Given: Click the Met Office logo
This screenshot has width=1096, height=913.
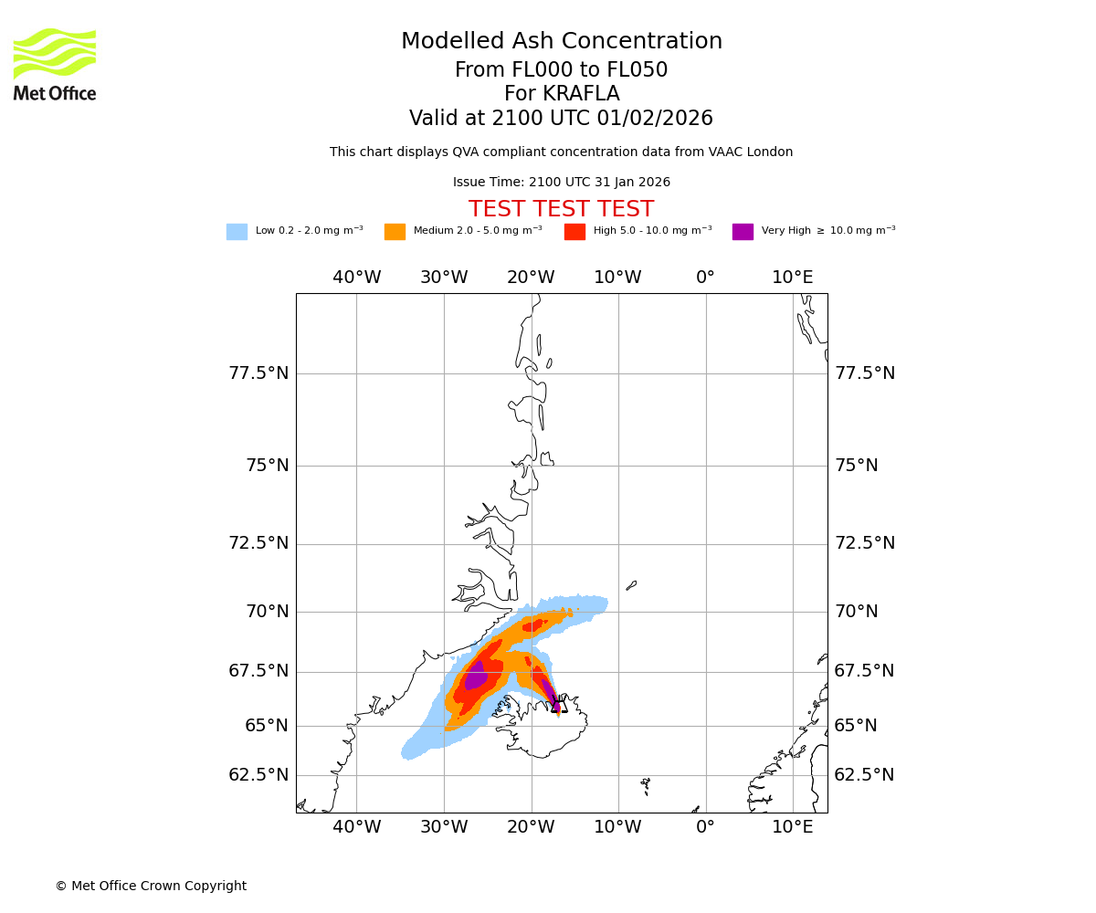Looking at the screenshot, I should pos(55,64).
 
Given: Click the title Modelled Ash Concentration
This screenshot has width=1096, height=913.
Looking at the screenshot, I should pos(562,42).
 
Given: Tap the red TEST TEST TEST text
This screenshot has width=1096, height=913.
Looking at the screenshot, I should pos(562,210).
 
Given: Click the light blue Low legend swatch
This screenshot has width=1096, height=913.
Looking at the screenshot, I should pos(237,232).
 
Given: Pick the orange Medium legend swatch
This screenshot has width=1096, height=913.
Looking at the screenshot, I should pos(395,232).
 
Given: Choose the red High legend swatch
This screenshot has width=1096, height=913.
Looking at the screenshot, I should pos(574,232).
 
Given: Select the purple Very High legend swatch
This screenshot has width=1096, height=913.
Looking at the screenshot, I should pos(743,232).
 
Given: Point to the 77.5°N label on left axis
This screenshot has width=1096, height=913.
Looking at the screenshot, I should pos(258,373).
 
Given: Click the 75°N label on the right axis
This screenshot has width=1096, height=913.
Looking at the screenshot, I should pos(856,466).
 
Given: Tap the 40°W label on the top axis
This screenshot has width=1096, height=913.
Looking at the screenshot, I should pos(356,278).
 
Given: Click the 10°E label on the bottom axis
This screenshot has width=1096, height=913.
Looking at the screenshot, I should pos(793,827).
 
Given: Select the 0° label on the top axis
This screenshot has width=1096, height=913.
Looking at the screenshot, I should pos(705,278).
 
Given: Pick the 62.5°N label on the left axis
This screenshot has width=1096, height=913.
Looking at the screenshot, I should pos(258,775).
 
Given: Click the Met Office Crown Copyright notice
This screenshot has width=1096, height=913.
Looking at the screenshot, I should pos(151,887).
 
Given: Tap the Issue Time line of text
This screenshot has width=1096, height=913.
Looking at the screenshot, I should pos(562,183).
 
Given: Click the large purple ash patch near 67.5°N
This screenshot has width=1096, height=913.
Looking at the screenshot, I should pos(476,677).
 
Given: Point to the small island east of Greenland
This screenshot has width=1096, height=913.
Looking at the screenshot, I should pos(631,585).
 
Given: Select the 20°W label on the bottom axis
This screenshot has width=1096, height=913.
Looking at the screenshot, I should pos(531,827).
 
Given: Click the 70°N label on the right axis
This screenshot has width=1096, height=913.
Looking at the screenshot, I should pos(856,612).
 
